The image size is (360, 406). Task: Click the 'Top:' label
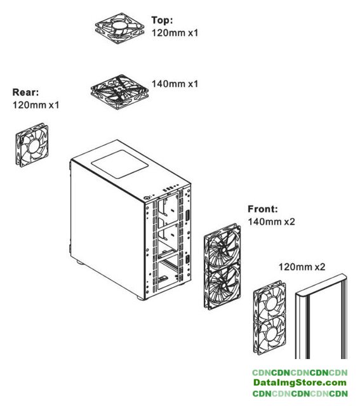coord(162,20)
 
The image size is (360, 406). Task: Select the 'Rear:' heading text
coord(25,92)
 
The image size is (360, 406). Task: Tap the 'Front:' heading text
coord(263,209)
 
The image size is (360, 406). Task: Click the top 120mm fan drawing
coord(119,28)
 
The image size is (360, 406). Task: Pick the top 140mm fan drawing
coord(119,91)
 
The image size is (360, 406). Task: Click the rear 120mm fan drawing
coord(32,145)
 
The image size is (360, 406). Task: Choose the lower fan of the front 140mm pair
coord(223,288)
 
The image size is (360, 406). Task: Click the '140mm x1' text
coord(175,84)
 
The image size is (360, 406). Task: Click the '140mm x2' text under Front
coord(271,221)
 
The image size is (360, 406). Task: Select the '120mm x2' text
coord(302,266)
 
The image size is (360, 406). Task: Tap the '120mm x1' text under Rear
coord(36,105)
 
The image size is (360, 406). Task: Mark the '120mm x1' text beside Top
coord(175,33)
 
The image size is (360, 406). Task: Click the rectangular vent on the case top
coord(119,164)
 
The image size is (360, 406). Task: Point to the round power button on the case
coord(147,198)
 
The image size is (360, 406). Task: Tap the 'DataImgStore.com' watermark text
coord(300,383)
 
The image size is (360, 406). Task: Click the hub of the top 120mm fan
coord(119,25)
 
